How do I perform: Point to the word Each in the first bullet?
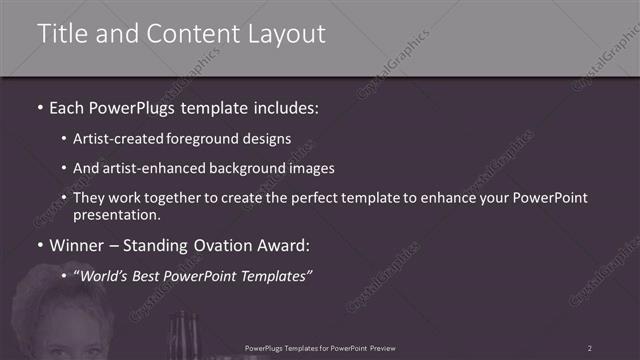(x=69, y=105)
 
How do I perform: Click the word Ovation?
(x=224, y=244)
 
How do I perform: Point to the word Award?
(x=287, y=244)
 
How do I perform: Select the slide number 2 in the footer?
(x=589, y=348)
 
